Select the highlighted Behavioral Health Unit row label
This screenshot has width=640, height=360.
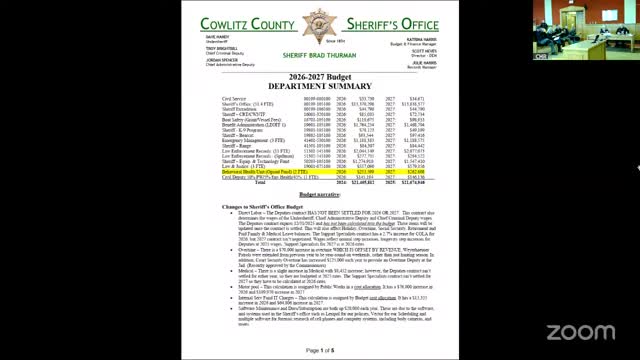pyautogui.click(x=262, y=171)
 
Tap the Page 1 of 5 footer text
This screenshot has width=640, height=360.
pyautogui.click(x=319, y=349)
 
